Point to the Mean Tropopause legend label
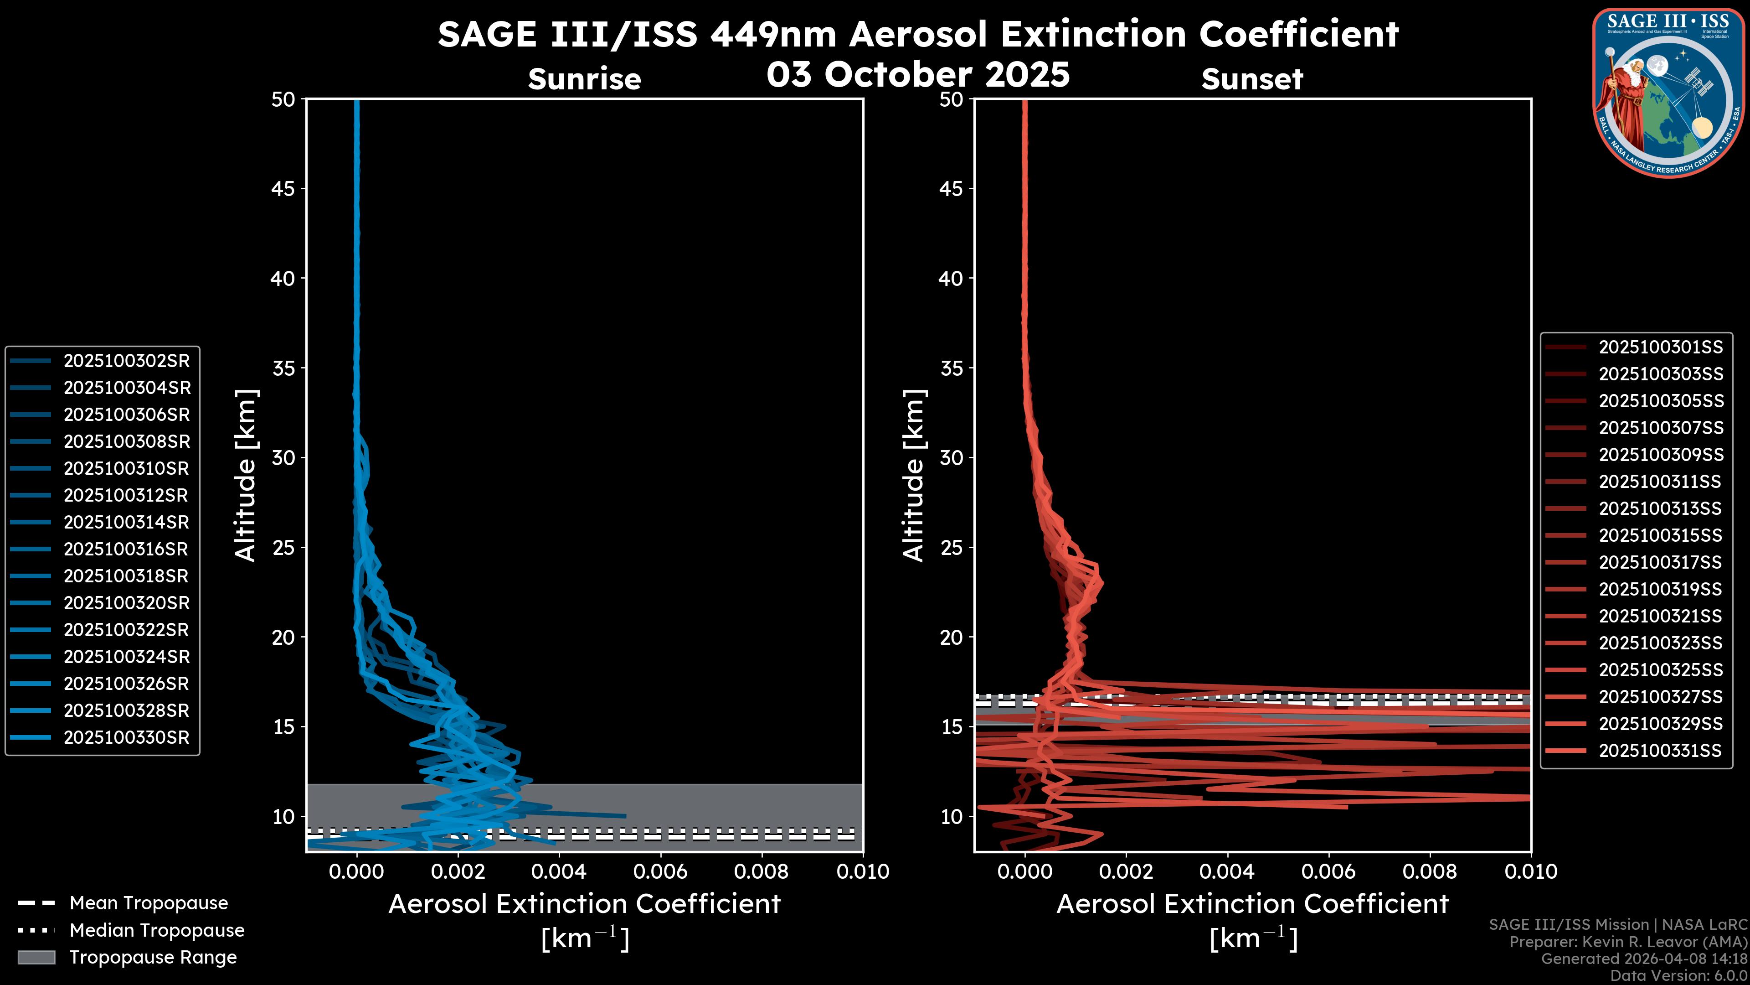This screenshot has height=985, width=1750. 149,903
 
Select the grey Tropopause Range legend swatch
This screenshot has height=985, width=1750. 36,957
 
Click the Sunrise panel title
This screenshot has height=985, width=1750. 584,79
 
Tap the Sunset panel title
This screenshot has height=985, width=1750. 1252,79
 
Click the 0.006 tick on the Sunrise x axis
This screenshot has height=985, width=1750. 661,871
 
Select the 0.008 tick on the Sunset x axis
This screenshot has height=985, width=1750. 1430,871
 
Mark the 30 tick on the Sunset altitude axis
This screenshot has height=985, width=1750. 952,457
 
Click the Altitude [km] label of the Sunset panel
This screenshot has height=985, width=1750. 914,476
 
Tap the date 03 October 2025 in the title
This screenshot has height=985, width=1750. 918,74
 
